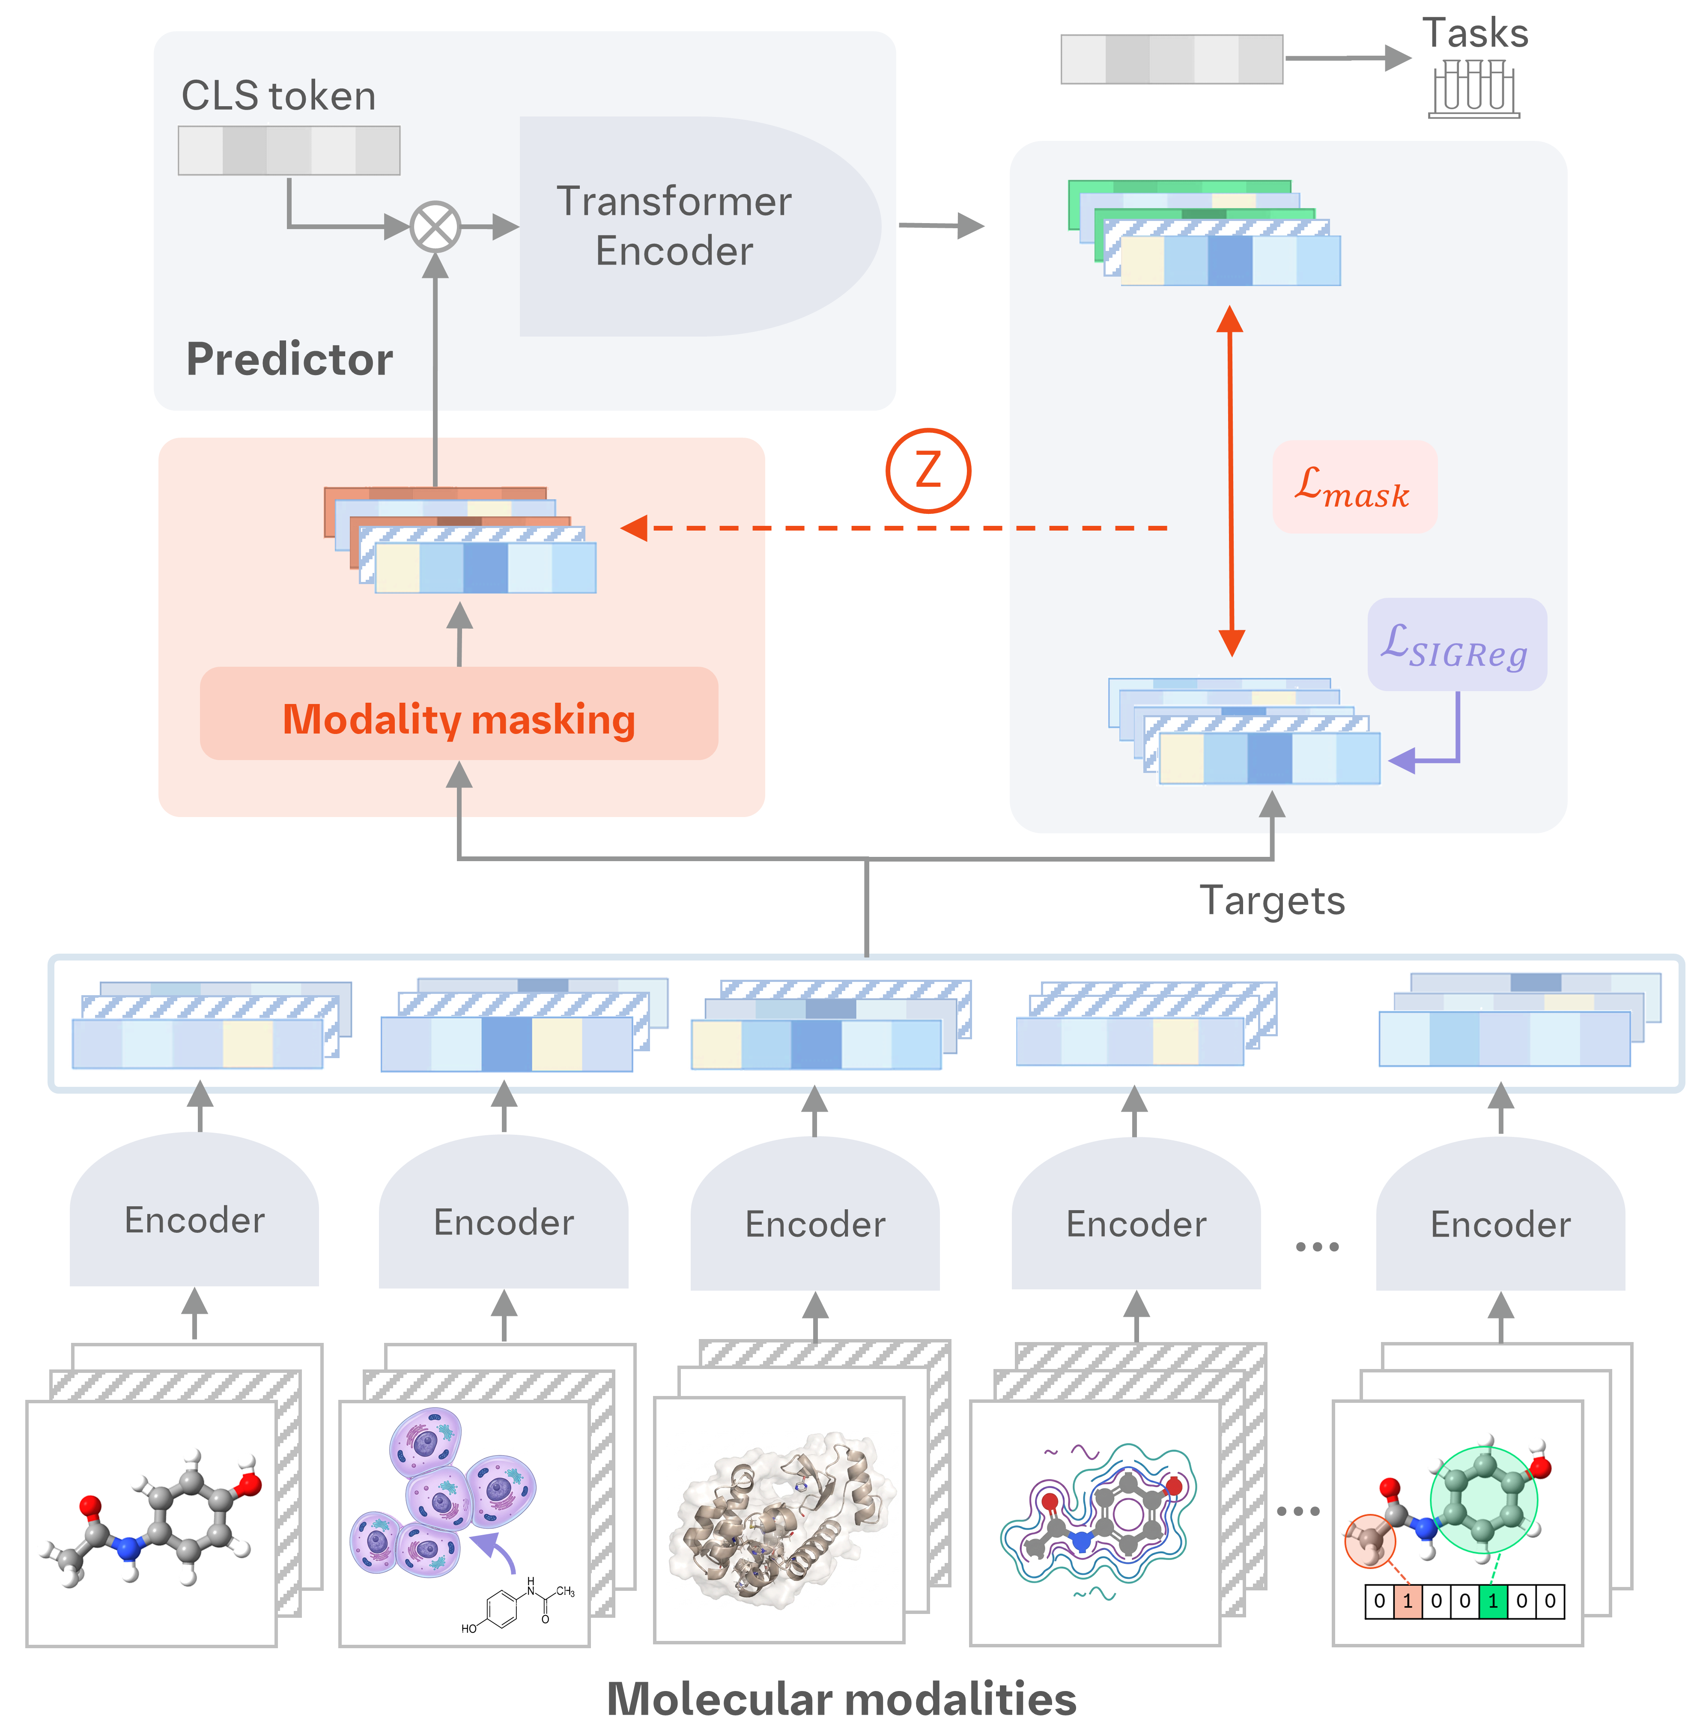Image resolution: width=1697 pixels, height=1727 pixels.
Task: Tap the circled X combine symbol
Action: click(x=435, y=227)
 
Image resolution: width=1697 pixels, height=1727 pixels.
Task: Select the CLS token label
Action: click(x=278, y=95)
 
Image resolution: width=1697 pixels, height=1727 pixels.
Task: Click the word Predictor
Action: click(x=289, y=359)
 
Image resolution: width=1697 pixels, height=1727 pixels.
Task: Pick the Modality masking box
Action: click(x=459, y=713)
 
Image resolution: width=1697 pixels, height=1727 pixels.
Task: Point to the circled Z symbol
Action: click(x=928, y=471)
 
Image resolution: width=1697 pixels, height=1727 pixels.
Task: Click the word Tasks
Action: click(x=1475, y=33)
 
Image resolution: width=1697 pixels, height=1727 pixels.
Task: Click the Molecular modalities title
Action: click(x=841, y=1698)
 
